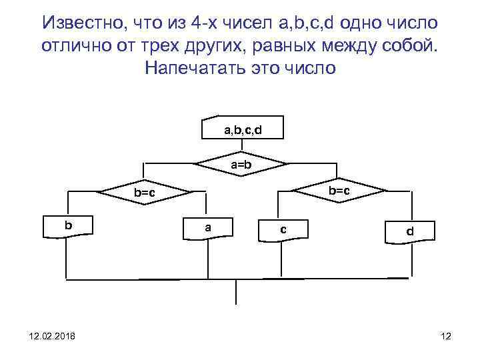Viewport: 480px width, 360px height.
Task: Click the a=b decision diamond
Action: (x=241, y=163)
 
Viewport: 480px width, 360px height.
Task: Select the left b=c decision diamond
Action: (x=144, y=193)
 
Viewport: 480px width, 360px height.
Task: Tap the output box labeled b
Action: (x=68, y=225)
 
